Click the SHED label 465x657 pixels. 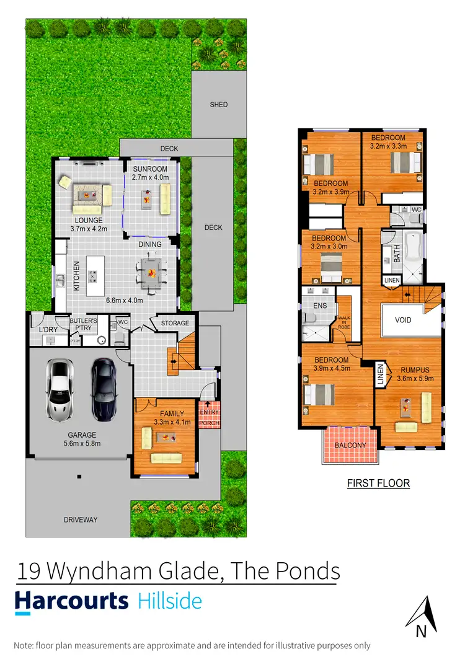point(219,105)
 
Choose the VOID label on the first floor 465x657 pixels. point(404,320)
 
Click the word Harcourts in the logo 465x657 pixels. point(71,601)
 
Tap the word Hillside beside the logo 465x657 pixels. point(169,601)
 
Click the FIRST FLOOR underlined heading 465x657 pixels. point(377,483)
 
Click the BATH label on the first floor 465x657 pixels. point(397,254)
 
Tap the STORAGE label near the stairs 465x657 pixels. point(175,324)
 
